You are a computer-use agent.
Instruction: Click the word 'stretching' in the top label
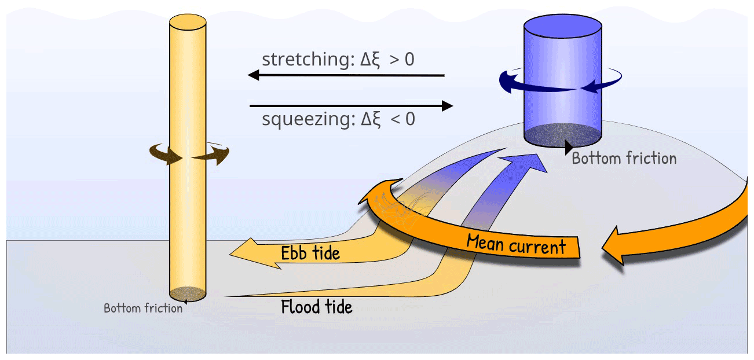[303, 60]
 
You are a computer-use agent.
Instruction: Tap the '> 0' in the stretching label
[402, 60]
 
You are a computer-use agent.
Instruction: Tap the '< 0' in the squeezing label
[402, 120]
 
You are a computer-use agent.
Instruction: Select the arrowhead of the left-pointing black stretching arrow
[254, 75]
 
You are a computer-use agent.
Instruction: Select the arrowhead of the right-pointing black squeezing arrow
[446, 106]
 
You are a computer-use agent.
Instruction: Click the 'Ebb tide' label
[310, 253]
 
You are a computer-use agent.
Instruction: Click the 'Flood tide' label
[316, 306]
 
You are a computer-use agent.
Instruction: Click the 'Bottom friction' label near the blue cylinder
[624, 158]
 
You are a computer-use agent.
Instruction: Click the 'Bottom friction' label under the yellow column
[143, 308]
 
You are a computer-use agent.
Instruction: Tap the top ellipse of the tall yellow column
[188, 23]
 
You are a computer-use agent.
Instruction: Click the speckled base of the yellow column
[188, 293]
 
